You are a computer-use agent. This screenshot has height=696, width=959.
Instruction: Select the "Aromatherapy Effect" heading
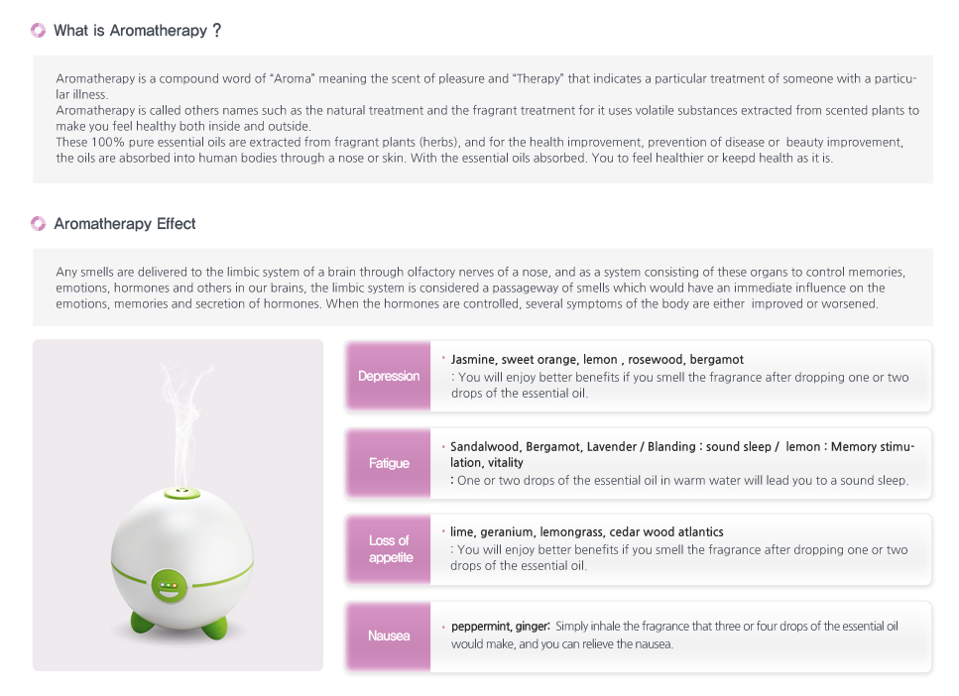pyautogui.click(x=125, y=224)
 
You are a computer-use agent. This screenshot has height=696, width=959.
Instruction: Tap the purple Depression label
pyautogui.click(x=389, y=376)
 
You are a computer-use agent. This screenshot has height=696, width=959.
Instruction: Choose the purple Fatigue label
pyautogui.click(x=389, y=463)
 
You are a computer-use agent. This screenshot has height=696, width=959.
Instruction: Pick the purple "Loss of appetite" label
pyautogui.click(x=389, y=549)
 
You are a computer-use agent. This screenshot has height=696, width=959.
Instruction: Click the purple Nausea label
pyautogui.click(x=389, y=636)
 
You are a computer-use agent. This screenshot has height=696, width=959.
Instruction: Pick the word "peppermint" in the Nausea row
pyautogui.click(x=481, y=627)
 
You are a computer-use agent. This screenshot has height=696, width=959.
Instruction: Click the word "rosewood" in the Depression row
pyautogui.click(x=656, y=360)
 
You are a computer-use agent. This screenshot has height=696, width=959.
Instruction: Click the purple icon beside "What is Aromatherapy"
pyautogui.click(x=39, y=31)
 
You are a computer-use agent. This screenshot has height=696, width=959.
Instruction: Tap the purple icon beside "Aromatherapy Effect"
pyautogui.click(x=39, y=224)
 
